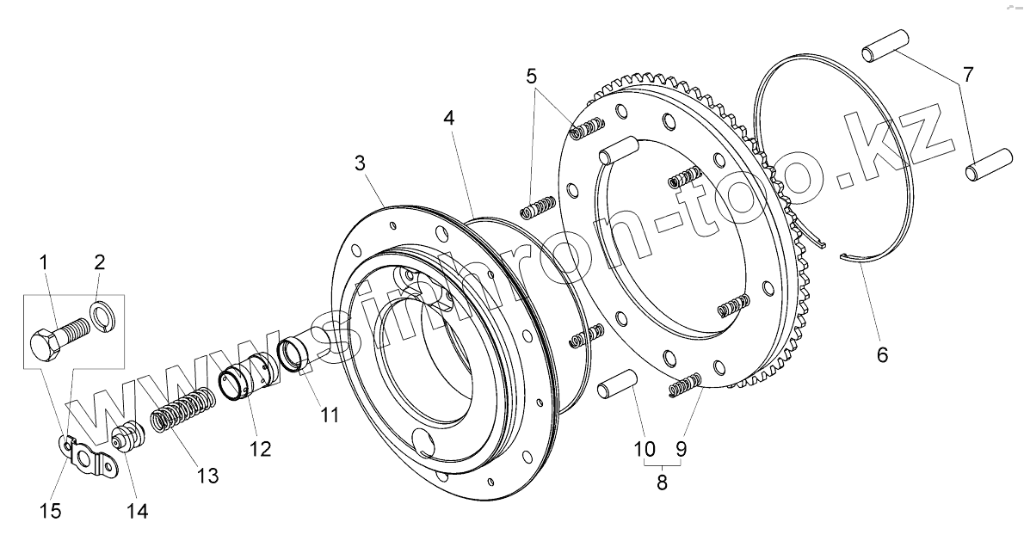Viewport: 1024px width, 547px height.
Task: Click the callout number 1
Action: [x=44, y=263]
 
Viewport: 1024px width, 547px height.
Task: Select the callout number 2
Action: [x=100, y=263]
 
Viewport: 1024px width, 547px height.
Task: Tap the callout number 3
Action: [x=361, y=163]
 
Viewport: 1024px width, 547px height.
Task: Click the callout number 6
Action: [x=882, y=353]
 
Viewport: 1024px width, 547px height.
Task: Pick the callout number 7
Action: [x=968, y=75]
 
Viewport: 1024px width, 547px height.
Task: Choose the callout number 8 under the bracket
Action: [x=662, y=483]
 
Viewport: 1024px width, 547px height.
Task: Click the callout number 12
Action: [x=260, y=448]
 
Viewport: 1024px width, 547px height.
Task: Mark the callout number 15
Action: [x=51, y=512]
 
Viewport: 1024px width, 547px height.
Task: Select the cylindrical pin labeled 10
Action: [x=616, y=388]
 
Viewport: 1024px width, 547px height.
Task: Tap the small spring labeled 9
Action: [x=687, y=386]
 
